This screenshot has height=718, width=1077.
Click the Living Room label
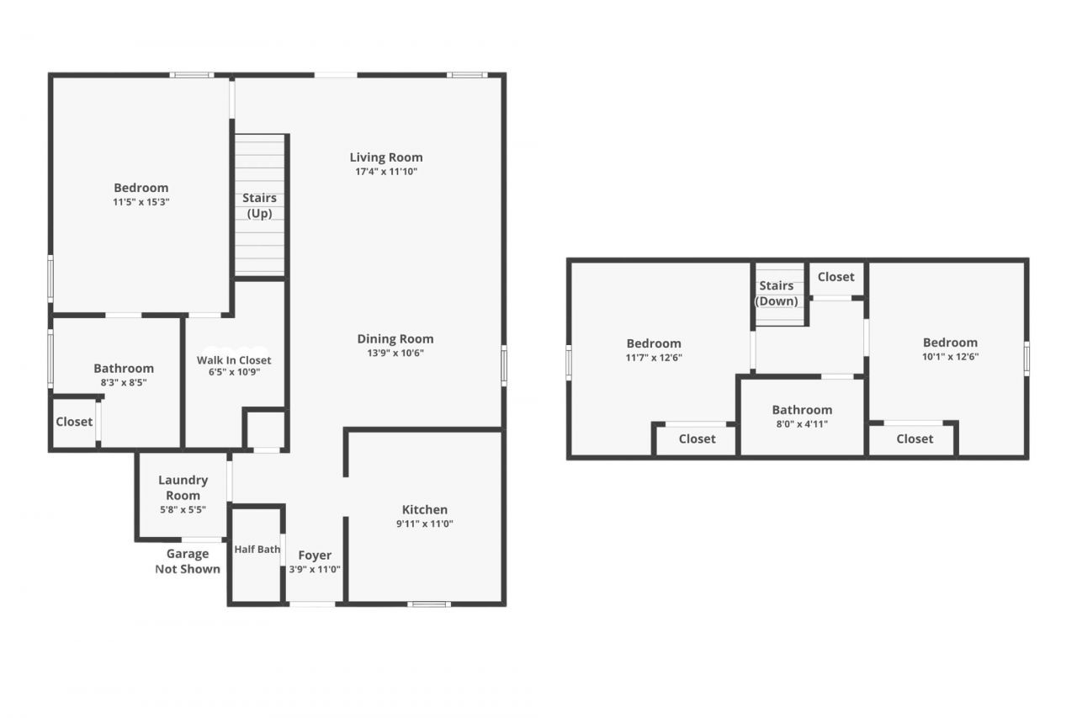386,157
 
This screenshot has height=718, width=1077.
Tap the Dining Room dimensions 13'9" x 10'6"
395,354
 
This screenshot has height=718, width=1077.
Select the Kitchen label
424,509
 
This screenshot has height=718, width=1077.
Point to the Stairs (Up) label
259,205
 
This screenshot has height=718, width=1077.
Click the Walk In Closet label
234,360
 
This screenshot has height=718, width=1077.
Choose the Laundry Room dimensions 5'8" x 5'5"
183,509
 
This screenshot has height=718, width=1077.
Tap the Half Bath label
257,550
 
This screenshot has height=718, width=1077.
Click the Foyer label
315,556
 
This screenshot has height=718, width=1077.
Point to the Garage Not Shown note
188,561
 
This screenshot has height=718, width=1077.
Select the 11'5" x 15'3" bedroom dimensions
141,202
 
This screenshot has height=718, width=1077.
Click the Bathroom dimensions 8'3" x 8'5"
124,383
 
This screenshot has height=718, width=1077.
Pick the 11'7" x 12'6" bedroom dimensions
654,357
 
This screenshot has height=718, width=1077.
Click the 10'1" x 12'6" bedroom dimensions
950,356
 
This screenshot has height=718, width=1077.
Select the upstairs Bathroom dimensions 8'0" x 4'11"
802,424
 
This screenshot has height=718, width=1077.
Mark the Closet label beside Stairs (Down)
836,277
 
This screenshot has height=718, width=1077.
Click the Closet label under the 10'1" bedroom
914,439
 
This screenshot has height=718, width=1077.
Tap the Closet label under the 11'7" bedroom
697,439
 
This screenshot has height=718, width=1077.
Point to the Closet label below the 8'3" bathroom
74,422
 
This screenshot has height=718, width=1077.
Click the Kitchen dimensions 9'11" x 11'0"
424,524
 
